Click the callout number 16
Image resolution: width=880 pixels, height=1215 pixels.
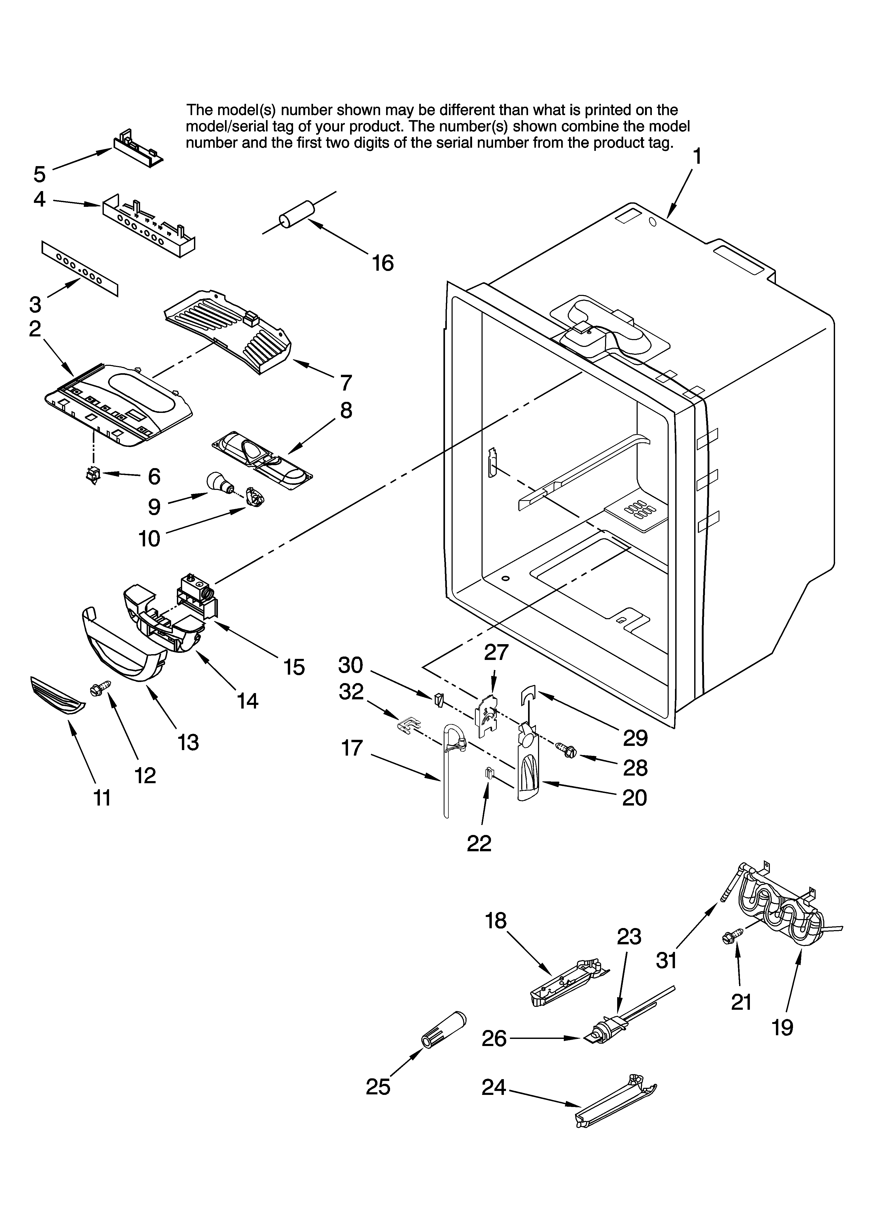coord(383,263)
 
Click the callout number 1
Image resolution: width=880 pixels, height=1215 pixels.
coord(697,157)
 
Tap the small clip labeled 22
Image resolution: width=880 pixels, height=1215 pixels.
coord(488,773)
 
